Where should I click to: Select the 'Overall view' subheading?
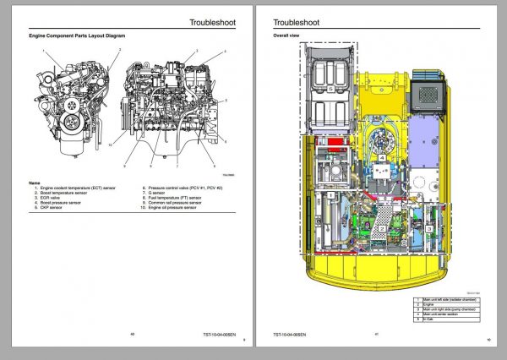point(286,36)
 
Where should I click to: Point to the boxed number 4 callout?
point(383,158)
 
